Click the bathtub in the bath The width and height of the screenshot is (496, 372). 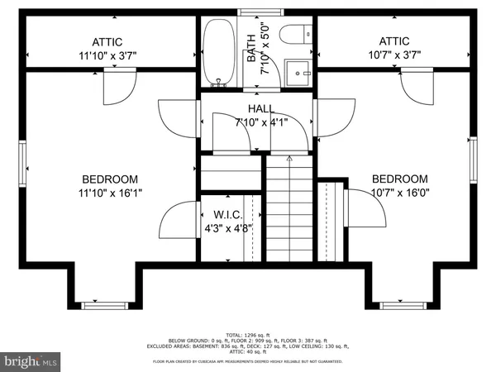tap(219, 51)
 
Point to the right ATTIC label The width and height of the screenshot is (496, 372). tap(394, 41)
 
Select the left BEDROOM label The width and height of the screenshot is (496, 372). tap(109, 179)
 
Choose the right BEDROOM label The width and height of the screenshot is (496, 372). tap(399, 179)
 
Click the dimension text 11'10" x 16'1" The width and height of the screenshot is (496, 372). tap(109, 195)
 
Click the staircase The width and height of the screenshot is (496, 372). tap(289, 207)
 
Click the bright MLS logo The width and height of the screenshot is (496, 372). tap(31, 360)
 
